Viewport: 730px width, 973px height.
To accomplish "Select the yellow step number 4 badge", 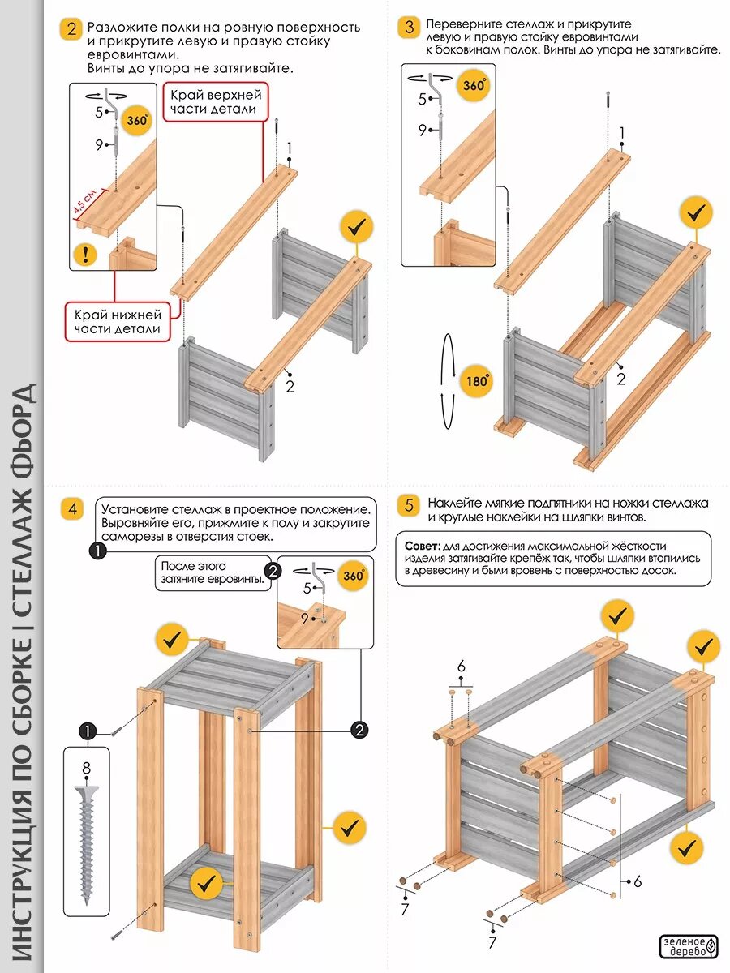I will (x=72, y=509).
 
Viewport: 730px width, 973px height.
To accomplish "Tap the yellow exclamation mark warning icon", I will (x=85, y=255).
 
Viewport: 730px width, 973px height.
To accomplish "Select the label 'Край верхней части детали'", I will (x=215, y=101).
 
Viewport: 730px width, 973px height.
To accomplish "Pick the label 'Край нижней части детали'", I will (x=118, y=321).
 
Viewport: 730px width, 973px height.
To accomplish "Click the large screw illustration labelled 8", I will (x=87, y=843).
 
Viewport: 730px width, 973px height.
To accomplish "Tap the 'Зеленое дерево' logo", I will (x=689, y=946).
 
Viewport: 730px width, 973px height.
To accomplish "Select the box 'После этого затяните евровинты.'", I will (x=213, y=572).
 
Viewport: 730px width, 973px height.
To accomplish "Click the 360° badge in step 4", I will (x=354, y=576).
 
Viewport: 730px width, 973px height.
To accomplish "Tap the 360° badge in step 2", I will (x=137, y=121).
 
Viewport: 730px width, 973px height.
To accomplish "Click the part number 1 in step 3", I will (x=622, y=133).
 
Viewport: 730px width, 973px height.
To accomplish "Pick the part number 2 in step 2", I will (x=290, y=387).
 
